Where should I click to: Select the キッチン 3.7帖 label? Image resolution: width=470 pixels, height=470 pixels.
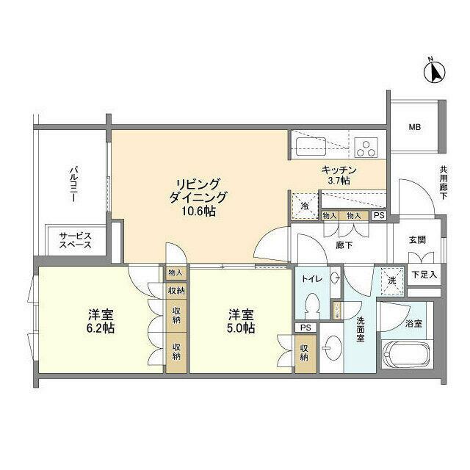(x=335, y=175)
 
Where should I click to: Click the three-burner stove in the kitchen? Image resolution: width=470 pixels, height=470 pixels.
(x=365, y=144)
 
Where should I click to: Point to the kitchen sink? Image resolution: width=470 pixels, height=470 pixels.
(x=308, y=144)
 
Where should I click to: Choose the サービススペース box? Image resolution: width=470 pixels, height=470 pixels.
(x=76, y=240)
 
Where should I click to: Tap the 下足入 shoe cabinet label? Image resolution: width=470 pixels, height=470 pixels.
(x=424, y=275)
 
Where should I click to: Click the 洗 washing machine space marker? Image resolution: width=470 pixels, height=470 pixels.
(x=390, y=280)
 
